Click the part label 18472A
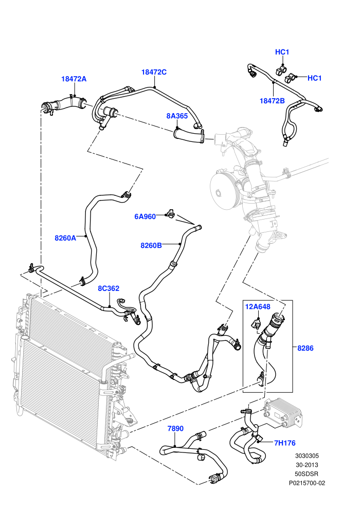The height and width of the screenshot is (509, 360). click(x=74, y=79)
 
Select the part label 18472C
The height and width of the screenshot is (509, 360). click(x=154, y=72)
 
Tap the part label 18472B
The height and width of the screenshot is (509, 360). click(x=272, y=101)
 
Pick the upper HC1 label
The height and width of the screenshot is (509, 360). click(x=282, y=52)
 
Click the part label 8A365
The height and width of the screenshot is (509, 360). click(x=177, y=116)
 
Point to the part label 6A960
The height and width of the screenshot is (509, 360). click(x=145, y=216)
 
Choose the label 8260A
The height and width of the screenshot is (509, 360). click(x=65, y=238)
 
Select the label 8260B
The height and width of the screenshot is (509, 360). click(x=151, y=245)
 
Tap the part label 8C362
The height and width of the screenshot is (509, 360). click(x=109, y=288)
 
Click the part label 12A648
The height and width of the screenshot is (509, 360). click(x=258, y=307)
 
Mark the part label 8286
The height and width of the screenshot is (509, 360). click(x=305, y=348)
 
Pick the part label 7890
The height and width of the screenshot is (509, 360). click(x=175, y=428)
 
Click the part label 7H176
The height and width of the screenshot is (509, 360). click(x=285, y=443)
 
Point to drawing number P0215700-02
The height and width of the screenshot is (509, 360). click(x=307, y=483)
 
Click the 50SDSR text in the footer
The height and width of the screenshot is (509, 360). click(x=307, y=474)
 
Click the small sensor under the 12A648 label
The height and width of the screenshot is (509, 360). click(x=256, y=323)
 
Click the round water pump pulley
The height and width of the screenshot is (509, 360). click(x=224, y=189)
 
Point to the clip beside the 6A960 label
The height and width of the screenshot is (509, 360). click(x=170, y=213)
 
